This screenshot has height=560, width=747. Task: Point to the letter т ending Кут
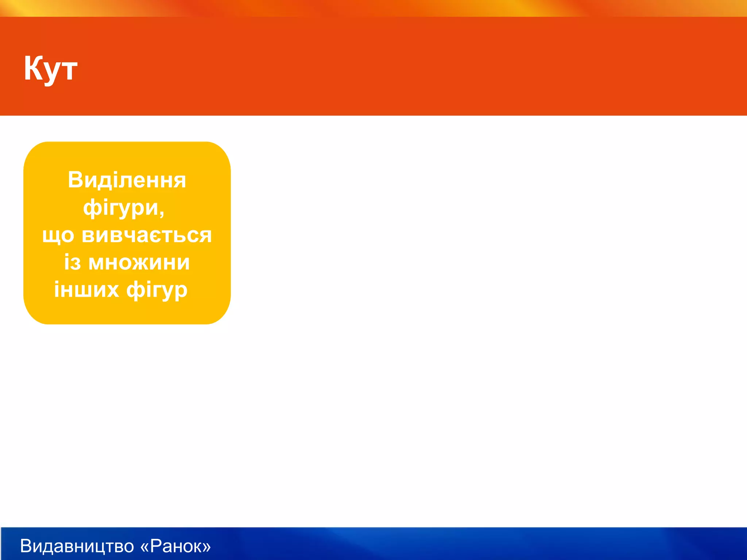pyautogui.click(x=69, y=70)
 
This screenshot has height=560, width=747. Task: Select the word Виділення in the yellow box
pyautogui.click(x=127, y=180)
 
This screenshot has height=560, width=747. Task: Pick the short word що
pyautogui.click(x=58, y=236)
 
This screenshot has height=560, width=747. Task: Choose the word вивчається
pyautogui.click(x=147, y=235)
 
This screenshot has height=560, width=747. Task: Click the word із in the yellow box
pyautogui.click(x=72, y=262)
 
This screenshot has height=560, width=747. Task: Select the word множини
pyautogui.click(x=139, y=263)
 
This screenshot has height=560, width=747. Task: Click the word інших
pyautogui.click(x=86, y=290)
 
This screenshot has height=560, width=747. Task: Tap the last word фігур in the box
pyautogui.click(x=157, y=291)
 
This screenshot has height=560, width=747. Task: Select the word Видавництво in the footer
pyautogui.click(x=77, y=546)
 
